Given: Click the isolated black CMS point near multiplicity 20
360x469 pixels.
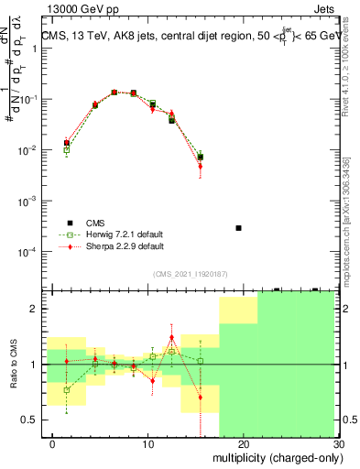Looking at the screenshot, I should pyautogui.click(x=238, y=227).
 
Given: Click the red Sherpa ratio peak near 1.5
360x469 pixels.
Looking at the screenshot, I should pyautogui.click(x=171, y=337).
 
